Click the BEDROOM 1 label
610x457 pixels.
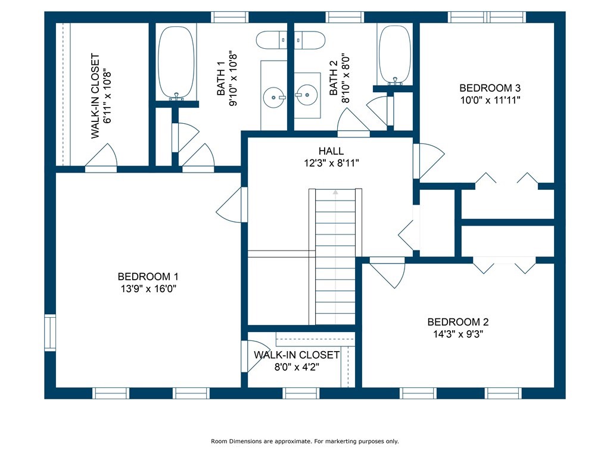tap(148, 277)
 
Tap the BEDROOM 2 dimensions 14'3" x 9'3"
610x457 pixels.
tap(458, 334)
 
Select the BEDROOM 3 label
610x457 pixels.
tap(490, 88)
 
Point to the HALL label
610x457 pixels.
tap(331, 151)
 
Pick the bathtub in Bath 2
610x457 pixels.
tap(395, 54)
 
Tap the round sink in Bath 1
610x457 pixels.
tap(274, 97)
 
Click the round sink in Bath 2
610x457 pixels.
tap(306, 95)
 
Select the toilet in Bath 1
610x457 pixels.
tap(271, 40)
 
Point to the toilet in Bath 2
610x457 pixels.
tap(309, 40)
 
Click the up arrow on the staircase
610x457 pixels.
tap(335, 192)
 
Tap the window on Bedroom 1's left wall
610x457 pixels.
tap(50, 333)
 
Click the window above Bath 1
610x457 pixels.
tap(229, 17)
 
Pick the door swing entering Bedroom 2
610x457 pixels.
tap(387, 273)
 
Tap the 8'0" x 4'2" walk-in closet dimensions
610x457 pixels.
tap(297, 367)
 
